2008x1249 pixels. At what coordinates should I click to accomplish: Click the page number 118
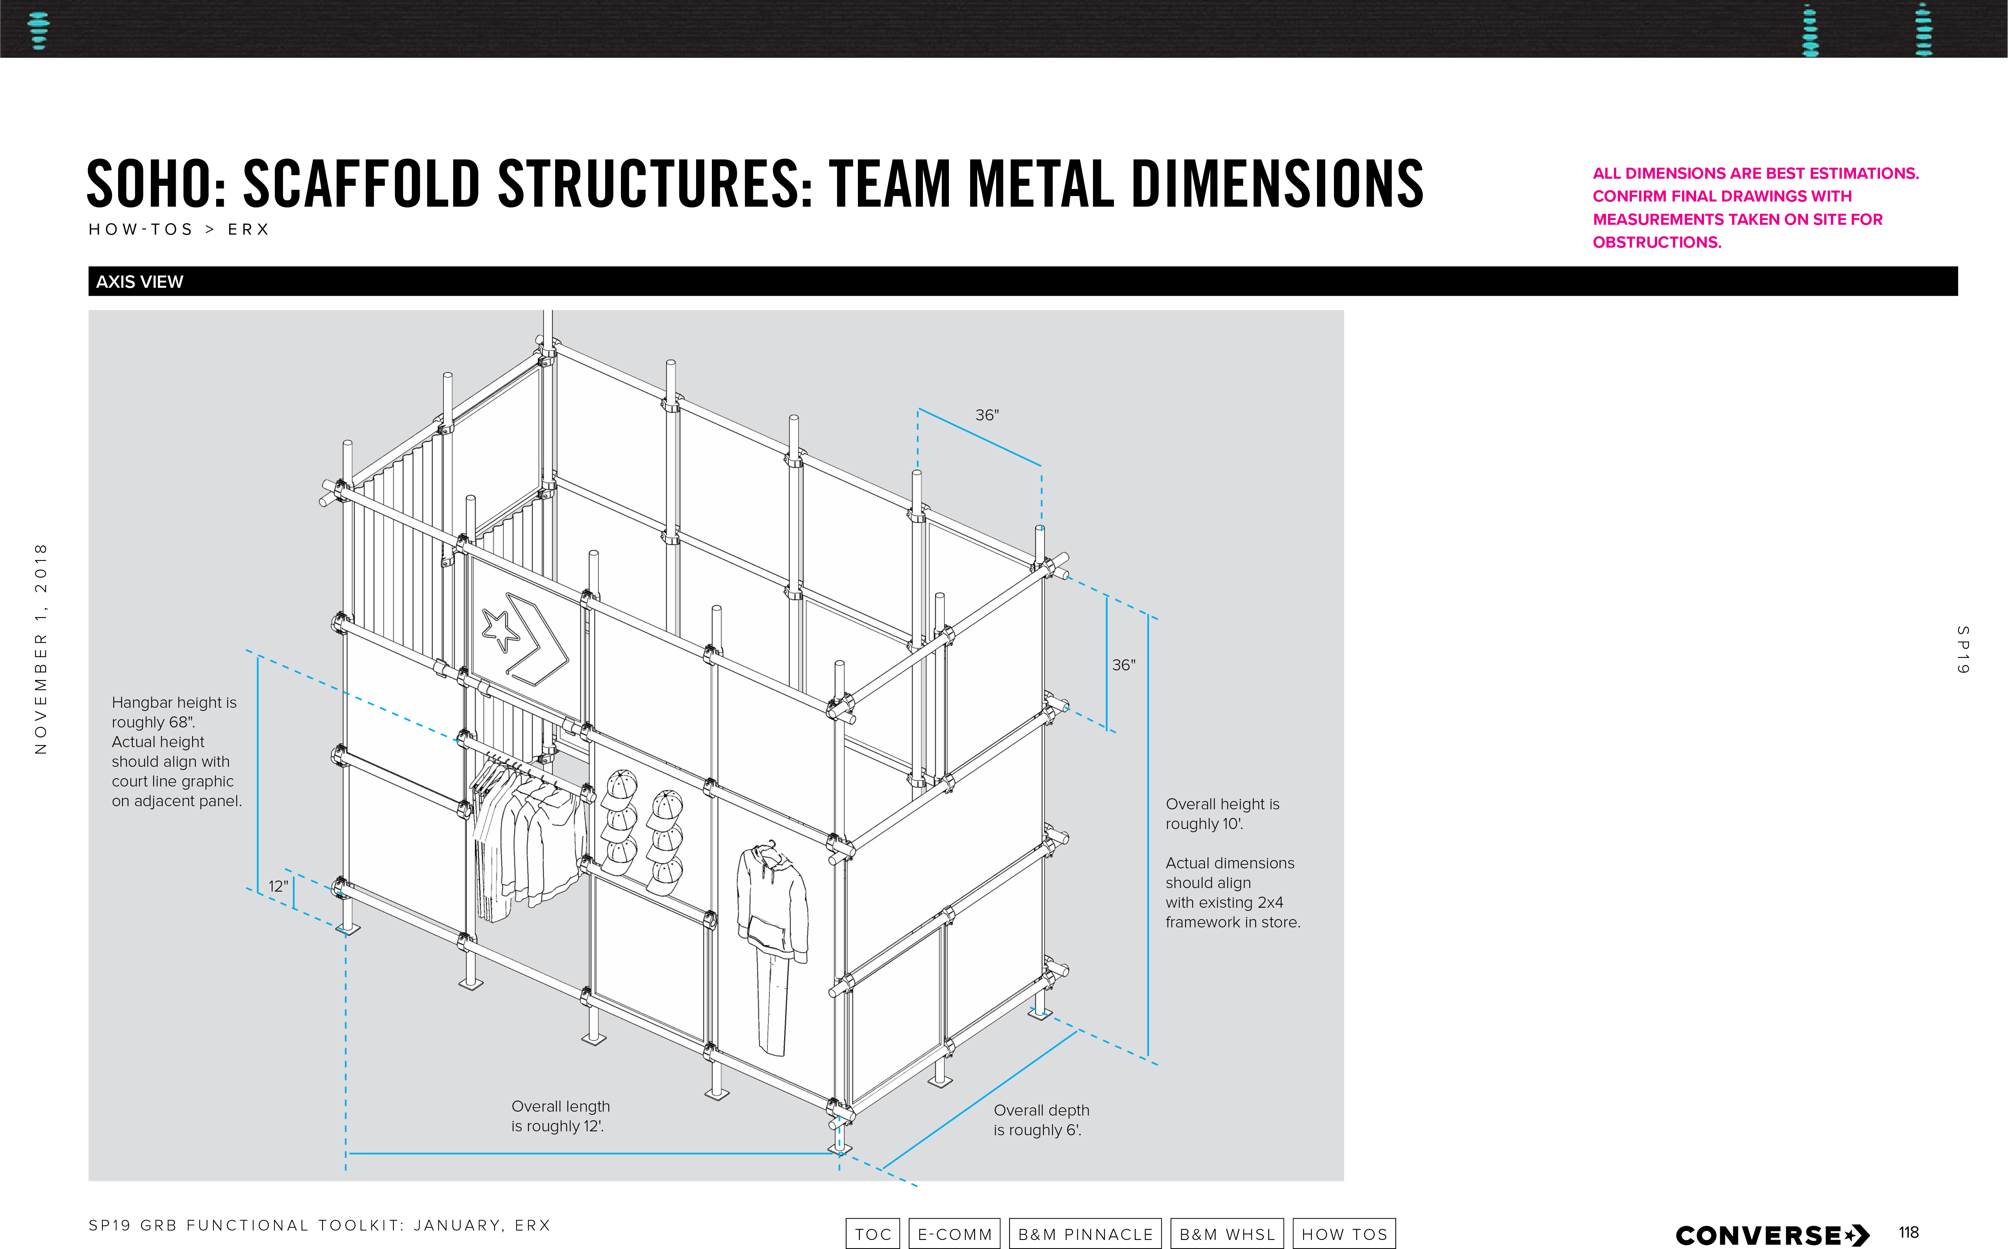1908,1232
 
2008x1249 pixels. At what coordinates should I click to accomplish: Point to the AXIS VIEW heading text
140,282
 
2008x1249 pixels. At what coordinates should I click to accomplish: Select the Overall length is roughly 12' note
560,1116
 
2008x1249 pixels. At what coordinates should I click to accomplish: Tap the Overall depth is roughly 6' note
1041,1120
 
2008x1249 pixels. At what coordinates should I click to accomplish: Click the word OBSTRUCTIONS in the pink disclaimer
1656,242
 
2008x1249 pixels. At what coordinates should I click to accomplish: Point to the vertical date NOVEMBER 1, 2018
41,648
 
